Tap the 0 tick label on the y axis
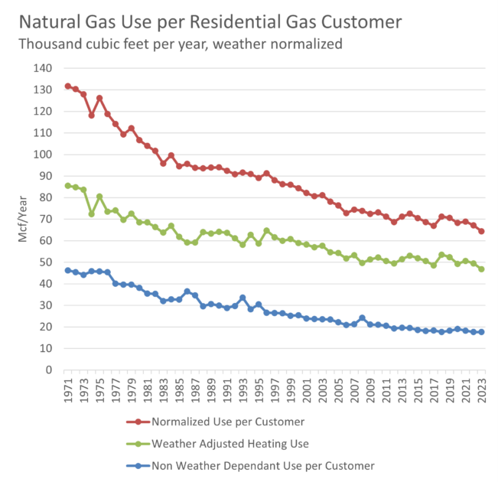[47, 370]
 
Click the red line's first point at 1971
[68, 86]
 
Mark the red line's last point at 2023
[482, 231]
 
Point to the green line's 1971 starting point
[68, 185]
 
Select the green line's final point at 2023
[482, 269]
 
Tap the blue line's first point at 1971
[68, 270]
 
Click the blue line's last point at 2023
[482, 332]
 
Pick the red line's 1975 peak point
[99, 98]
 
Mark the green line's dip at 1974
[92, 213]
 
